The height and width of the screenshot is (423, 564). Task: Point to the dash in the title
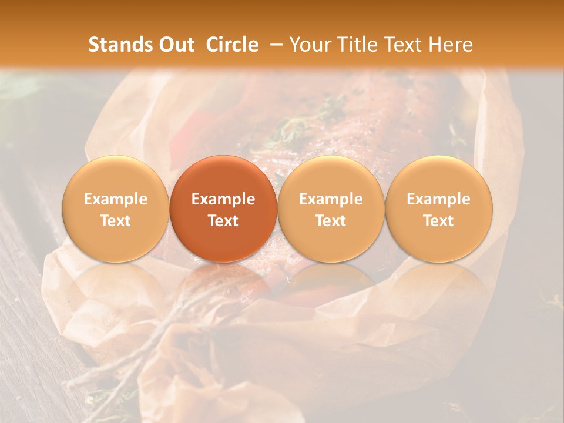tap(274, 45)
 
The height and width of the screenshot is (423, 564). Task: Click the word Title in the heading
tap(354, 45)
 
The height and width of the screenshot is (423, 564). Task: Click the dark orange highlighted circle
tap(223, 209)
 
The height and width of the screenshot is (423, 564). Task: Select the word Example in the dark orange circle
tap(223, 199)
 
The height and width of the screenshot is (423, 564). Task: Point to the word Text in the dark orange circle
tap(223, 221)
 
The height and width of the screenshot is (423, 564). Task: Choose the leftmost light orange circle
tap(116, 209)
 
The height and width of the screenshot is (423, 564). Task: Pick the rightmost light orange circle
tap(438, 209)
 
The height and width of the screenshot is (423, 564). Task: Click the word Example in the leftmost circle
tap(116, 199)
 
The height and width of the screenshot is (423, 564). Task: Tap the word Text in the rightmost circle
tap(438, 221)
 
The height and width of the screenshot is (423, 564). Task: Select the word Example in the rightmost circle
tap(438, 199)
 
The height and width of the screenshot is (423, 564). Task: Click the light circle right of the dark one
tap(331, 209)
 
